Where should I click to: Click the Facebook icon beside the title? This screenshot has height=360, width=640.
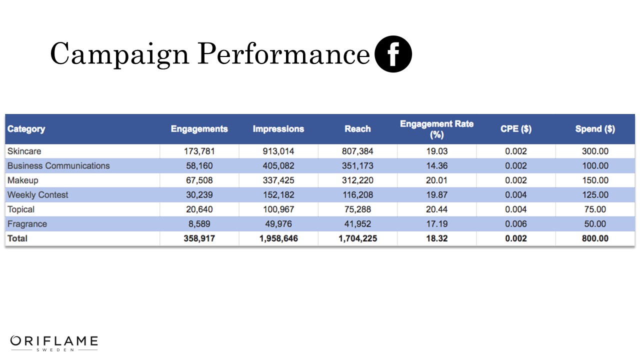393,54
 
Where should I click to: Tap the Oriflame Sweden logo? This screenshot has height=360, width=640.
54,343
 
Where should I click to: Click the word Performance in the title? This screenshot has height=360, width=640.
283,54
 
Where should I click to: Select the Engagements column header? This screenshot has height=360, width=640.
199,129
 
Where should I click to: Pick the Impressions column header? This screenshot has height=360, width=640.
278,129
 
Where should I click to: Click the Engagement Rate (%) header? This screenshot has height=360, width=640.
436,129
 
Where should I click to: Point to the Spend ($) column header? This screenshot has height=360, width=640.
595,129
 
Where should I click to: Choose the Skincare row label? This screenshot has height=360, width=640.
24,151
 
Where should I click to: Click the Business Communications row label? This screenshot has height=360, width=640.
58,165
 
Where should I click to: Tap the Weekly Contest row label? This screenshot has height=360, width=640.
38,195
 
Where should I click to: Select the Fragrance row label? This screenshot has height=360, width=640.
27,224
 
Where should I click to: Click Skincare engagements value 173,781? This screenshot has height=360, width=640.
199,151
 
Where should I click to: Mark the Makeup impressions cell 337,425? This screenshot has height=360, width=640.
278,180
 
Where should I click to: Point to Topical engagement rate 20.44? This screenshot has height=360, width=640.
436,209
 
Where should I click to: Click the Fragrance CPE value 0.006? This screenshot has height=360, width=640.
515,224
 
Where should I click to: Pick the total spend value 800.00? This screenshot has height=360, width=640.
595,238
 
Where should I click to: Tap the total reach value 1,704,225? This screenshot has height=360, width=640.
357,238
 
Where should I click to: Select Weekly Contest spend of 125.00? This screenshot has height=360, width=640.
595,195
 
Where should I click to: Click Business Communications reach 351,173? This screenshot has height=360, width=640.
357,165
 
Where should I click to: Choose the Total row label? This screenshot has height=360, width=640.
17,238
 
